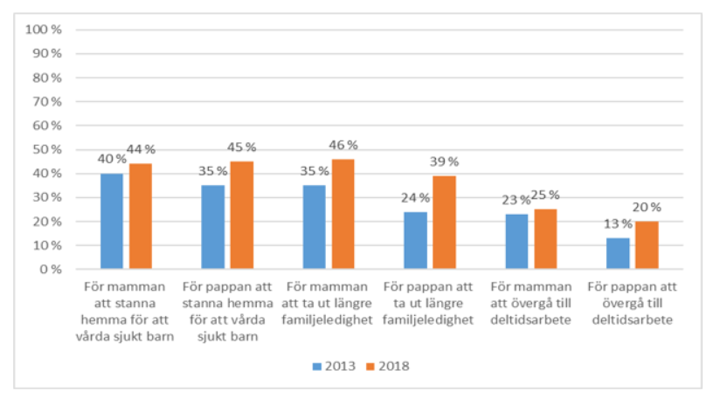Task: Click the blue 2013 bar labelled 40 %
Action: tap(112, 222)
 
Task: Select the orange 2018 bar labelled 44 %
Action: tap(141, 216)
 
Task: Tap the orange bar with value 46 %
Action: tap(343, 214)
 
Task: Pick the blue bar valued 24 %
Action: tap(415, 240)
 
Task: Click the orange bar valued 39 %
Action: tap(444, 223)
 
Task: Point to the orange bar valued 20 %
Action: tap(646, 245)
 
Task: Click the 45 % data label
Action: tap(244, 147)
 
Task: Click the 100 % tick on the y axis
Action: tap(43, 29)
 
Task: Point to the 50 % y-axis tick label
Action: tap(46, 149)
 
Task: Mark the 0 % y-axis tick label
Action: tap(50, 270)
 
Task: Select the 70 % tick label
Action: tap(46, 101)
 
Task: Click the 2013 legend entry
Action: tap(333, 366)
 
